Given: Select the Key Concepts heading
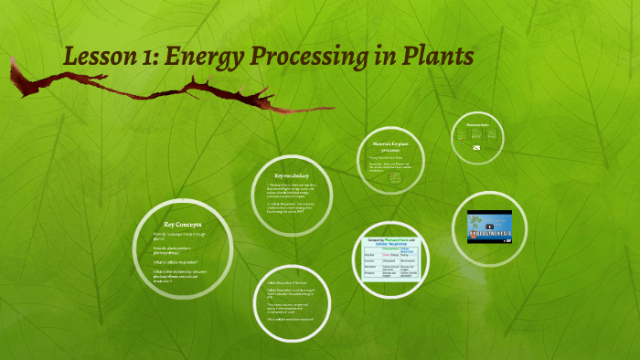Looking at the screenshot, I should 182,224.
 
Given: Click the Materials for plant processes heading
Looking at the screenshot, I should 394,147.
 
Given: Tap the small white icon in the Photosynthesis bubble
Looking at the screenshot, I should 476,146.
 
